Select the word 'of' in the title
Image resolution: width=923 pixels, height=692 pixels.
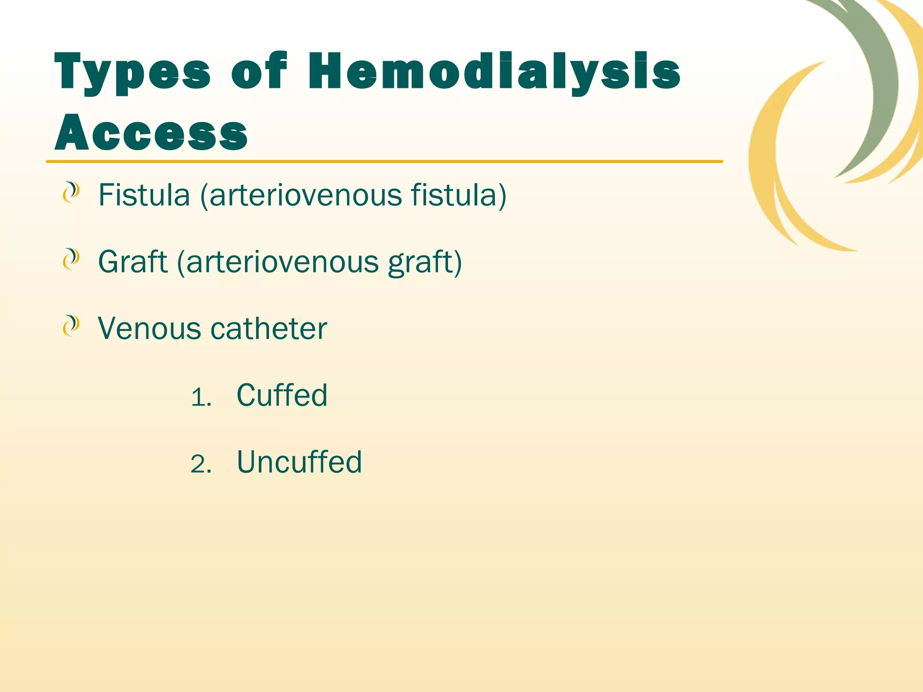(259, 71)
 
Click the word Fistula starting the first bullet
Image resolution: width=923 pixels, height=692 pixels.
(144, 195)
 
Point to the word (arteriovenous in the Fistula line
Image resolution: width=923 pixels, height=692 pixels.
(301, 195)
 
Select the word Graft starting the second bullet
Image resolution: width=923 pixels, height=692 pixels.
(133, 262)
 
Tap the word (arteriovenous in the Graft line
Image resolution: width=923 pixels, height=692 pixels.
(278, 262)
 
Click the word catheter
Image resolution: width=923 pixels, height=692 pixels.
(269, 328)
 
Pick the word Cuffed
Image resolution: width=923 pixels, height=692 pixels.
(282, 395)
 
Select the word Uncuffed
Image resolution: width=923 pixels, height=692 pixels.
(299, 462)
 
